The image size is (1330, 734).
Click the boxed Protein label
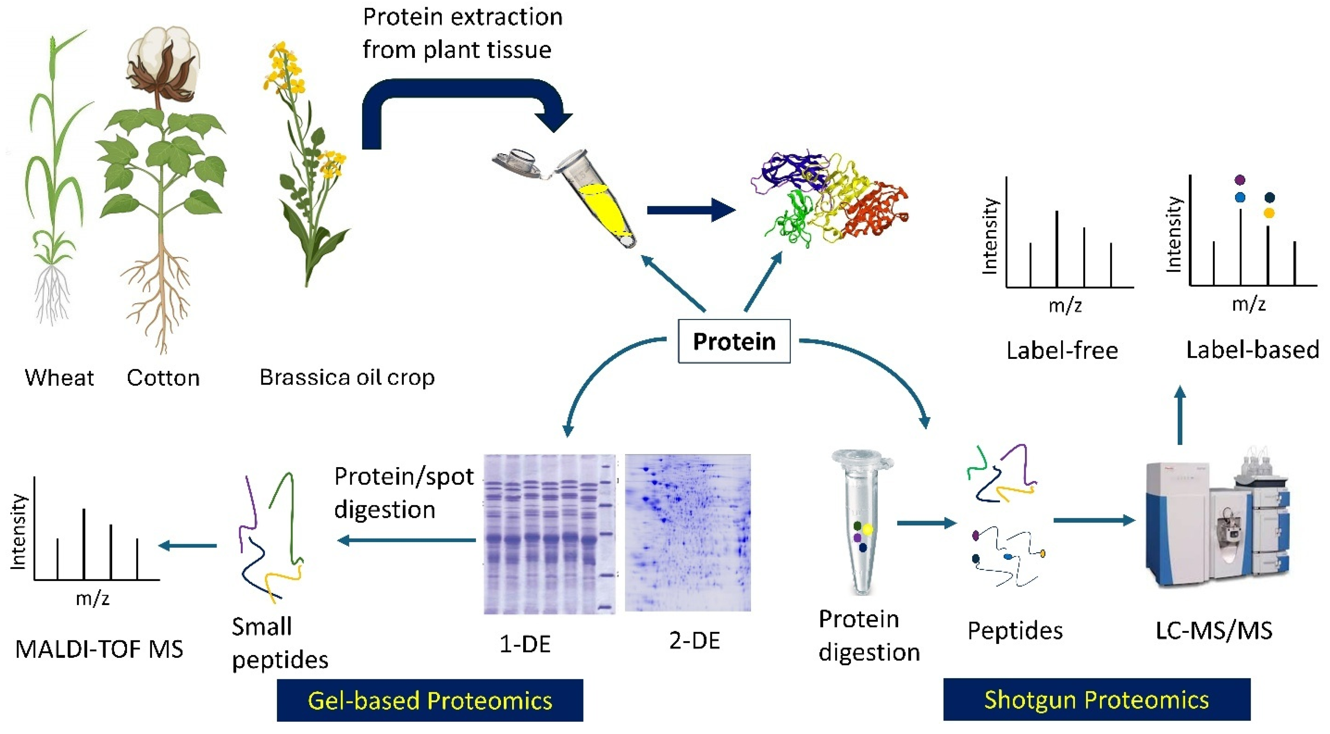coord(734,341)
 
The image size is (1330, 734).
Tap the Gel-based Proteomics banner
coord(430,700)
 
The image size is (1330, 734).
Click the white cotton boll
coord(164,57)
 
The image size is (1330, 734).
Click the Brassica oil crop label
coord(347,378)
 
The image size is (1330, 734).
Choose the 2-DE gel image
coord(688,533)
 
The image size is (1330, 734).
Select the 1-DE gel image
coord(549,534)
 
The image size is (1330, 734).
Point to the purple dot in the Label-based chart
coord(1240,180)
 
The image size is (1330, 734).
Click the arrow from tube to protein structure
coord(691,210)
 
